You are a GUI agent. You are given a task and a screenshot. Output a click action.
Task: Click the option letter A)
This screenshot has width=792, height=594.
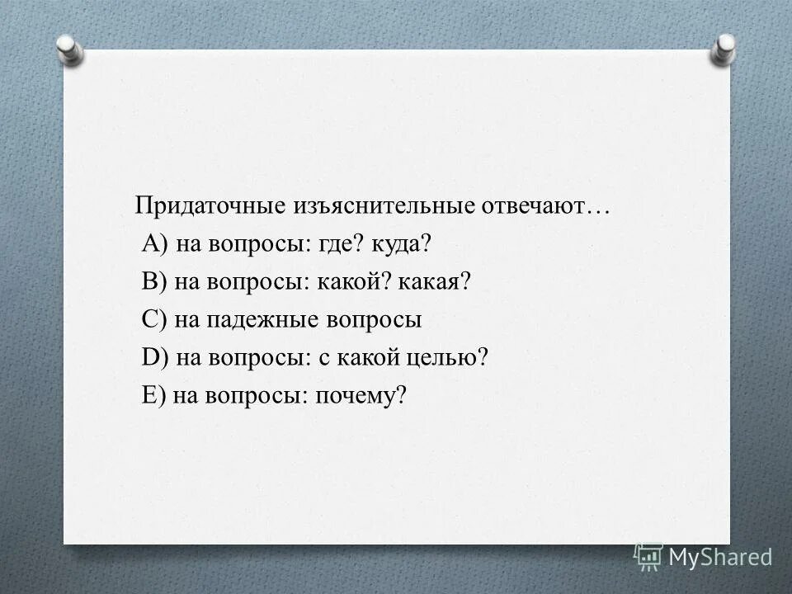pos(155,244)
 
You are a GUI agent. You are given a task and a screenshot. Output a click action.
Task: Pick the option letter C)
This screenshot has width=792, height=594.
pos(155,320)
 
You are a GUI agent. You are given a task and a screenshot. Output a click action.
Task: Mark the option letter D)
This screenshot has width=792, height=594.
pos(155,358)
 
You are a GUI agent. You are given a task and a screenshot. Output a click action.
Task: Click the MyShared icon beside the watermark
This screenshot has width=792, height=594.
pos(648,557)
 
